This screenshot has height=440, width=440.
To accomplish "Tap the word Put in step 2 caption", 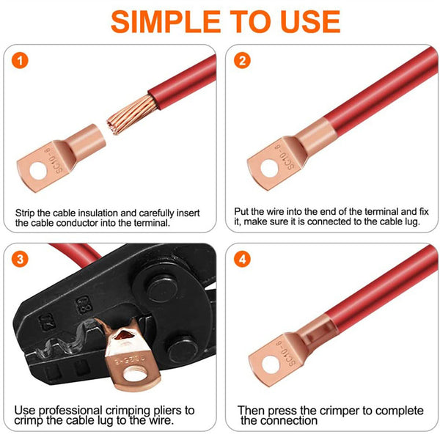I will [x=243, y=209].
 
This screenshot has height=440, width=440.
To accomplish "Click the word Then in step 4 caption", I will [x=250, y=410].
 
